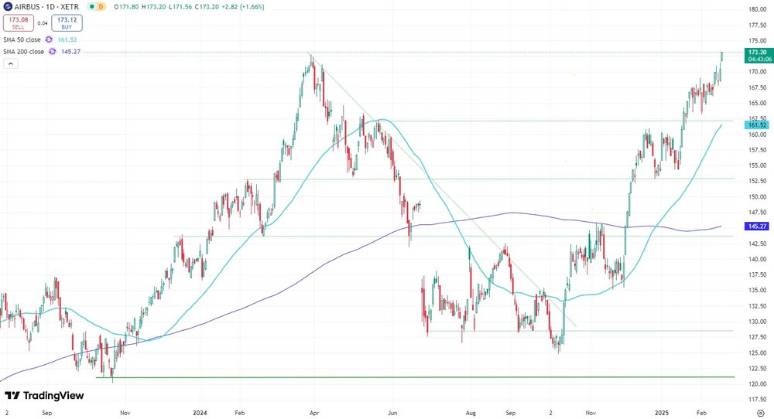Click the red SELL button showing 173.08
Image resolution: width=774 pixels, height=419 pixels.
point(18,23)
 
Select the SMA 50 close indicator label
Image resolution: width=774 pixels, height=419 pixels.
point(22,39)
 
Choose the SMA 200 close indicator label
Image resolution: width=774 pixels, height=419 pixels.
point(24,52)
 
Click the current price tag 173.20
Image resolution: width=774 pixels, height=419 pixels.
point(755,52)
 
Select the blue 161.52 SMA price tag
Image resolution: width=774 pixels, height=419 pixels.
point(755,124)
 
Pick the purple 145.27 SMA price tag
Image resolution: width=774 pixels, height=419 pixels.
point(755,227)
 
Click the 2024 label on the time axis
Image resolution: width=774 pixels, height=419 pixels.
point(201,414)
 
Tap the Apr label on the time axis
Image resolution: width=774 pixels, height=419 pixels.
point(315,414)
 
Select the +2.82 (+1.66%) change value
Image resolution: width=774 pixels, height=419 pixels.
point(241,6)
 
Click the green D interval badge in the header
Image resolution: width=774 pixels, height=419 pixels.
point(100,6)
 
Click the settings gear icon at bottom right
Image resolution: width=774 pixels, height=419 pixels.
point(760,414)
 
